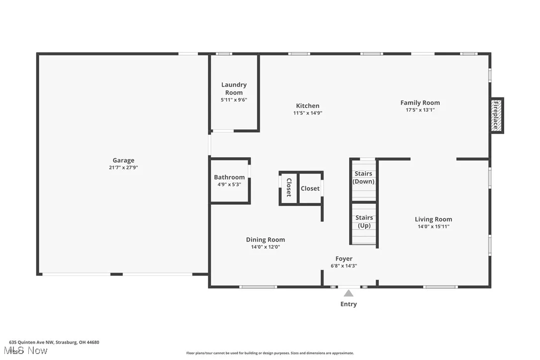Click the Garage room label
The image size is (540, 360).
click(123, 160)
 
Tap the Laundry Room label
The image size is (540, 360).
click(234, 89)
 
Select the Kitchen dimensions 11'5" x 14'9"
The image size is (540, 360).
click(308, 113)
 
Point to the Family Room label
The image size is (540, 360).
click(420, 103)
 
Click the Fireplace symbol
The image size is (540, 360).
click(496, 115)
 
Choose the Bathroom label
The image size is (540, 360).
click(229, 177)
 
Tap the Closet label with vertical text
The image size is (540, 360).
click(288, 187)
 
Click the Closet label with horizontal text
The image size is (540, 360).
click(310, 188)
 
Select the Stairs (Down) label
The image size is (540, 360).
click(363, 178)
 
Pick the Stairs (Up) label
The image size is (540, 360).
click(364, 221)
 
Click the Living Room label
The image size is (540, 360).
click(434, 219)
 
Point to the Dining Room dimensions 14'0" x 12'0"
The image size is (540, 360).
click(266, 247)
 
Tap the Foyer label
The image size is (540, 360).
click(344, 259)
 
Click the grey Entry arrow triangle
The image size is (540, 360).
click(349, 293)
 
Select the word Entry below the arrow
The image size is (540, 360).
click(349, 304)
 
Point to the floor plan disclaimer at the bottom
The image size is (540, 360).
click(270, 353)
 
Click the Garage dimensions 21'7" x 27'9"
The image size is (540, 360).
click(123, 168)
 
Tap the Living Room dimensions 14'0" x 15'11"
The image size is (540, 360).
click(434, 226)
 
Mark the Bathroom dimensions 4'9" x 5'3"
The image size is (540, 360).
click(229, 184)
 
